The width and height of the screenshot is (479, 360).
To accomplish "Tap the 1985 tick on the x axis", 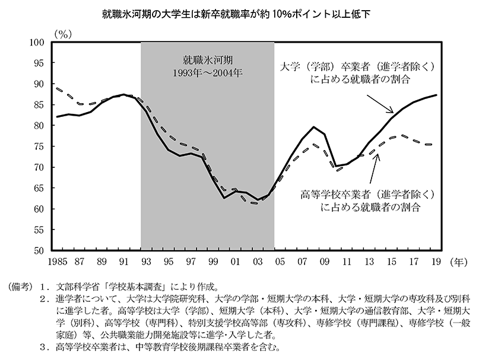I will (58, 261).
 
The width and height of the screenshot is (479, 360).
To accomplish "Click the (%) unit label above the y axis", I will (63, 34).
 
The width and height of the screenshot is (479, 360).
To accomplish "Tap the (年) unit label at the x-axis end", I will (459, 261).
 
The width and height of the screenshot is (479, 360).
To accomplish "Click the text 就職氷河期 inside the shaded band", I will (207, 61).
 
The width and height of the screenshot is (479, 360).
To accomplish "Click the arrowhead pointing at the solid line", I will (392, 111).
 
